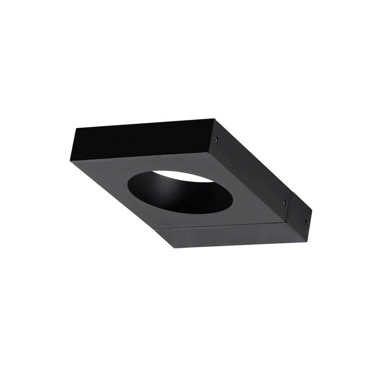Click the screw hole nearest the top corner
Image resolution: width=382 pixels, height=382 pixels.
pos(216,139)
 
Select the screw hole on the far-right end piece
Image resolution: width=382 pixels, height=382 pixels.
pos(306,220)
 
